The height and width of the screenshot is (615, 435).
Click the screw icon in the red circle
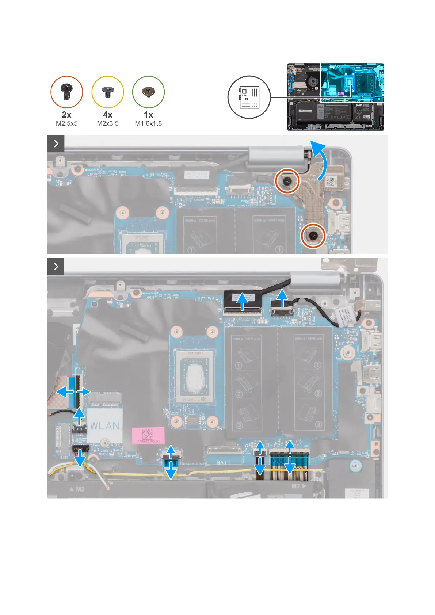point(66,92)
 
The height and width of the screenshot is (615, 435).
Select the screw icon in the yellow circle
point(108,92)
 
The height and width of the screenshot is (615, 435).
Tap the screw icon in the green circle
point(148,92)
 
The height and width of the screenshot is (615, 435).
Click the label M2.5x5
point(66,123)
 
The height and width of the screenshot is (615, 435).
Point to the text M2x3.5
point(108,123)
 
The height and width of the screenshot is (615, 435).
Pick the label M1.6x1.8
point(148,123)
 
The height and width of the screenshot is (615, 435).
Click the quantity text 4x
point(108,115)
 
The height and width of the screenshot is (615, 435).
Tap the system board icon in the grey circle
point(249,97)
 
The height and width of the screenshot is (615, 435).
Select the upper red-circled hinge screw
point(287,180)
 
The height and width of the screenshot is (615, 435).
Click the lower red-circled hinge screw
point(313,236)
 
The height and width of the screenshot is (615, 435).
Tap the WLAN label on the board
point(105,426)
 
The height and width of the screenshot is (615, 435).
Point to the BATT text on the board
point(223,462)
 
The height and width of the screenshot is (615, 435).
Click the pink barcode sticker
point(148,435)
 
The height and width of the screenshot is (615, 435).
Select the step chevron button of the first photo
point(56,144)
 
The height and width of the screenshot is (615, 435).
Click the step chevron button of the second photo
point(56,267)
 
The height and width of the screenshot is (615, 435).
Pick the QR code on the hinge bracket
point(330,182)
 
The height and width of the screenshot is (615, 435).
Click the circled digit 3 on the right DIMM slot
point(318,425)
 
